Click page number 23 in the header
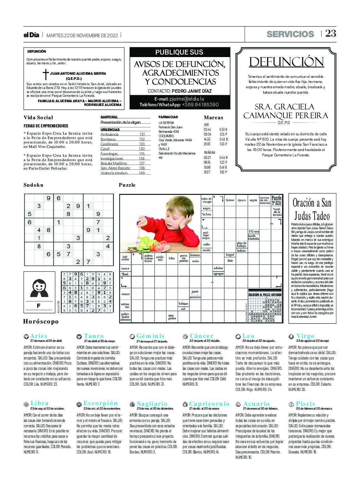(331, 33)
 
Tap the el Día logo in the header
(31, 35)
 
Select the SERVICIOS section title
(290, 34)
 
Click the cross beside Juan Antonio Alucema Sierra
(46, 74)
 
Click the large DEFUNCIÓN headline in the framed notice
(286, 62)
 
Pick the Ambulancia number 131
(142, 134)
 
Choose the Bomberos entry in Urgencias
(108, 139)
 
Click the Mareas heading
(213, 118)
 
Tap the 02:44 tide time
(207, 130)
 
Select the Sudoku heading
(33, 185)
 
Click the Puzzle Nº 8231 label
(276, 201)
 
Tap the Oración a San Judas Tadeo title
(312, 209)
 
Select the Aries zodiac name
(38, 336)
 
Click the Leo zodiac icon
(238, 336)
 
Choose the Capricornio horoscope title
(209, 404)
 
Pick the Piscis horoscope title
(305, 404)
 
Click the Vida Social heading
(38, 118)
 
